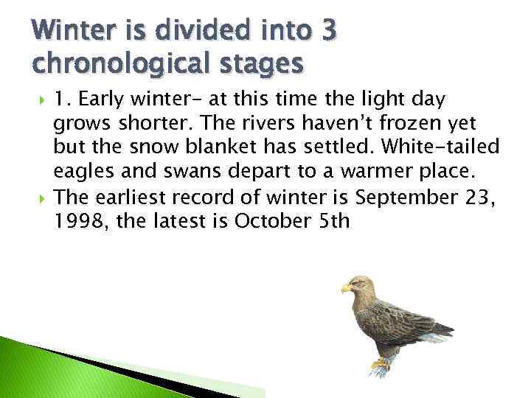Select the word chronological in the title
pos(109,64)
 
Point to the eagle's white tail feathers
pos(436,338)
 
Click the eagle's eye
pos(357,282)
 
